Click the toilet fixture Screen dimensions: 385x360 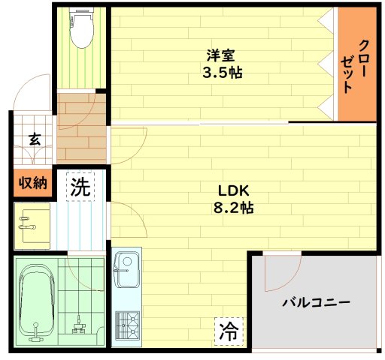point(82,28)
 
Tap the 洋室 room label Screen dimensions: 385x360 point(221,55)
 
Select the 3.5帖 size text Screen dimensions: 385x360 point(223,73)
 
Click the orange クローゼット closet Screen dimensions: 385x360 point(357,64)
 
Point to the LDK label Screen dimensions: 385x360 point(234,190)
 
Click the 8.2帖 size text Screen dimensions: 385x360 point(233,208)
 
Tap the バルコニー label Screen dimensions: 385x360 point(316,302)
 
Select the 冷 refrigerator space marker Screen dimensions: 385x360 point(229,331)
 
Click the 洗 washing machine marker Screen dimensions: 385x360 point(80,187)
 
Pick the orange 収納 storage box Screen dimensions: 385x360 point(33,183)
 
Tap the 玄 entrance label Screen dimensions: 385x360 point(35,139)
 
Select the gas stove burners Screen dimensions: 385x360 point(127,325)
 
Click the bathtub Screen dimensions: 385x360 point(37,302)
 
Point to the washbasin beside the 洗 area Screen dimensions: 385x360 point(32,226)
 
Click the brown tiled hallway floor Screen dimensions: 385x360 point(82,129)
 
